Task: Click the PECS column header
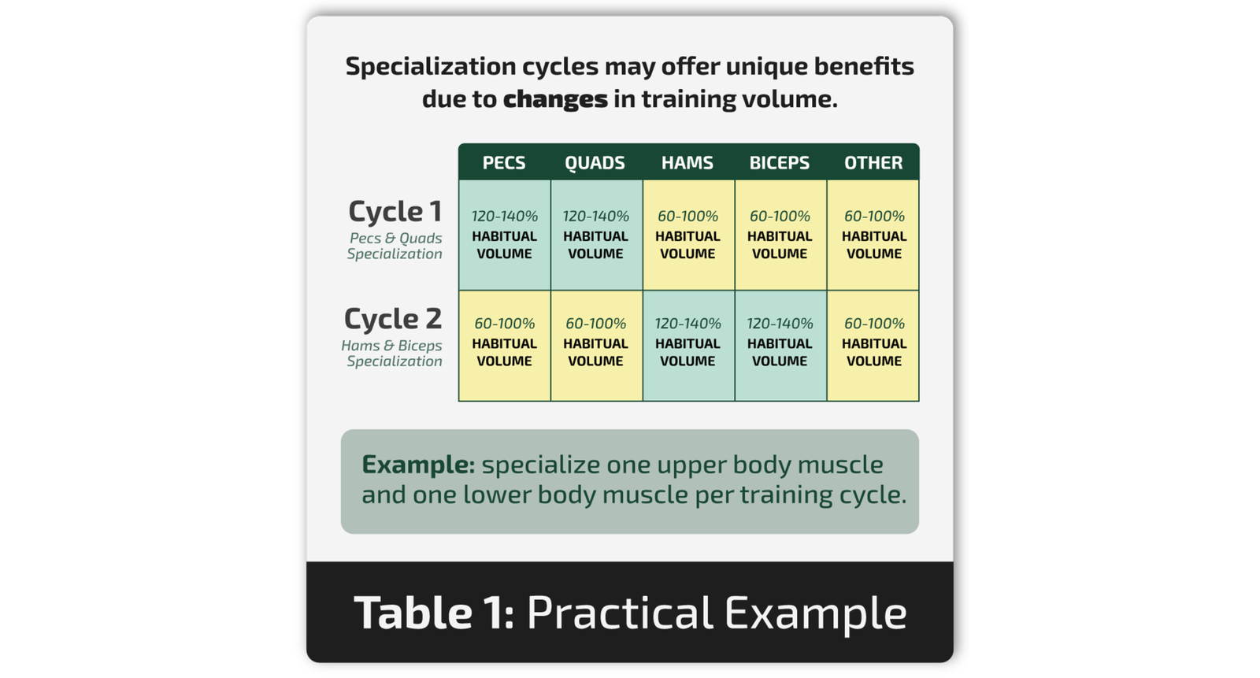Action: tap(504, 162)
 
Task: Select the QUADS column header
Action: tap(595, 162)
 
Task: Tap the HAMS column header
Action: tap(687, 162)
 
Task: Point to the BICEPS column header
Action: tap(780, 162)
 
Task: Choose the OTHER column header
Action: tap(873, 162)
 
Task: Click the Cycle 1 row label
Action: tap(395, 212)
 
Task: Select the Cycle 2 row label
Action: tap(393, 319)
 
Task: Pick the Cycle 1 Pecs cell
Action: tap(505, 235)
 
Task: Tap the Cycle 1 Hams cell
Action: tap(688, 235)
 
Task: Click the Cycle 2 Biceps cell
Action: tap(780, 346)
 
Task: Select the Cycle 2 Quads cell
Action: tap(596, 346)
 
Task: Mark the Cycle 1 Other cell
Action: tap(873, 235)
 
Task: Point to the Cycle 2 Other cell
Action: tap(873, 346)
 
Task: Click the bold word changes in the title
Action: tap(555, 99)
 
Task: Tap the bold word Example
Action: tap(418, 465)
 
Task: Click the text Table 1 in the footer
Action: tap(434, 612)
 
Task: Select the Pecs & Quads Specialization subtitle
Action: tap(395, 246)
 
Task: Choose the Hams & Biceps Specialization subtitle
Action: tap(392, 354)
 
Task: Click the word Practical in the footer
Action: tap(620, 612)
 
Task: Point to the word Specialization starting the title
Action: tap(431, 67)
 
